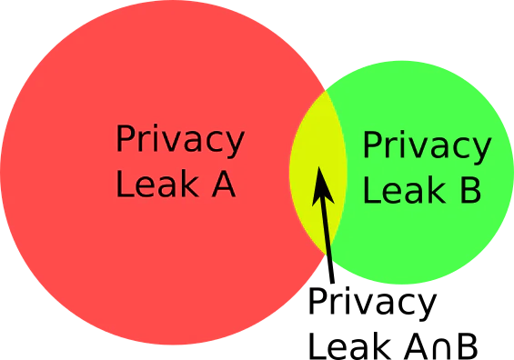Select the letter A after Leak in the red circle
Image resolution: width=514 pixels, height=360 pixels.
point(224,185)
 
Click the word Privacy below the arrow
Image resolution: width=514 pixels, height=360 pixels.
point(372,304)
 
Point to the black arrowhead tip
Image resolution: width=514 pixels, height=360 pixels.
point(319,166)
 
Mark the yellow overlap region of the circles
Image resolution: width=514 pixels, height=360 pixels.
point(318,172)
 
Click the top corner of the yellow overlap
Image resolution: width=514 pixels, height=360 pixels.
point(325,91)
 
